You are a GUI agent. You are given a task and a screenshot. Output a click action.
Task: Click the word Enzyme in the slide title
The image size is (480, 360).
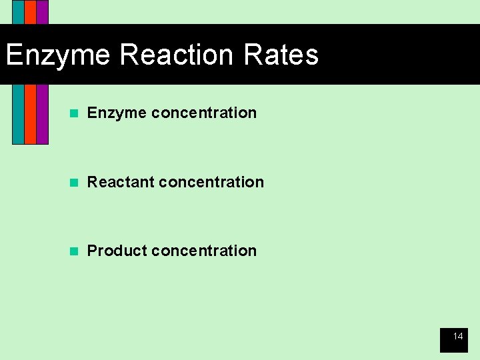tap(57, 55)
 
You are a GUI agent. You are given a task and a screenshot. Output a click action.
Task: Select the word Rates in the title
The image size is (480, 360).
tap(281, 55)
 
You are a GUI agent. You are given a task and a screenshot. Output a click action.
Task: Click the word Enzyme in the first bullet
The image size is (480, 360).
tap(117, 113)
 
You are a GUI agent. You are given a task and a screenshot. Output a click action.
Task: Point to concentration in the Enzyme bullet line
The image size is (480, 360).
tap(204, 113)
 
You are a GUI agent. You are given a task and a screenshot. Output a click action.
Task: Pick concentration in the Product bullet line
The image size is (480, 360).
tap(204, 251)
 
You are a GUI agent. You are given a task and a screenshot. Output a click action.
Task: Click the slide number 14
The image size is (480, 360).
tap(458, 337)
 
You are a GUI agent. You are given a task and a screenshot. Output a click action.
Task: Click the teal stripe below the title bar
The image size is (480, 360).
tap(18, 113)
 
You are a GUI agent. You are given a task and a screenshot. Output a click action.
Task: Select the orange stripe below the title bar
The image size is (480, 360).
tap(30, 113)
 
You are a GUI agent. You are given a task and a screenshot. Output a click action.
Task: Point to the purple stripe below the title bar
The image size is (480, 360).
tap(42, 113)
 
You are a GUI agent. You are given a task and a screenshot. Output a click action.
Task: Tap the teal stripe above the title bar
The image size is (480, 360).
tap(18, 12)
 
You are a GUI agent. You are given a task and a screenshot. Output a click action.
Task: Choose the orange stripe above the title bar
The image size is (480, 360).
tap(30, 12)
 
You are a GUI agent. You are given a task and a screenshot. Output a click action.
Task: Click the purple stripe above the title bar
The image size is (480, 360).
tap(42, 12)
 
